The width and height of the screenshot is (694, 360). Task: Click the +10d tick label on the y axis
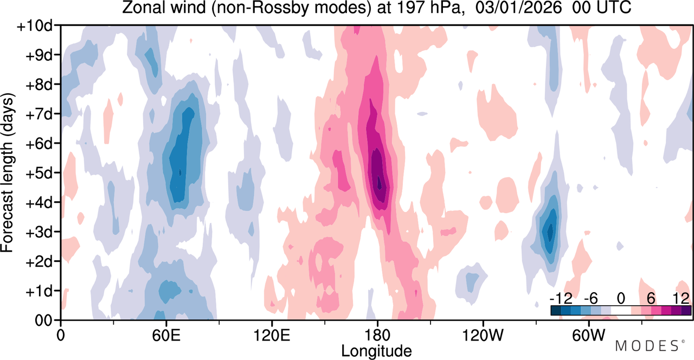click(x=34, y=26)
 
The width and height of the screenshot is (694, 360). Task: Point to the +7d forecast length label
click(x=38, y=114)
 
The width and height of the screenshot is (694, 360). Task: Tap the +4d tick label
click(x=38, y=203)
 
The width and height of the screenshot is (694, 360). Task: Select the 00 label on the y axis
click(x=43, y=321)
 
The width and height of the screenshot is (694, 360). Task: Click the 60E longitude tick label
click(x=166, y=335)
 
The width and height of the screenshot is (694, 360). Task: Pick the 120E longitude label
click(x=272, y=335)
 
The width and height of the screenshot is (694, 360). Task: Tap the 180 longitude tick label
click(x=377, y=335)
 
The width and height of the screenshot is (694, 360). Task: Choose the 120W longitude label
click(x=483, y=335)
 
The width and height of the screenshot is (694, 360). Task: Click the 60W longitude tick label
click(x=588, y=335)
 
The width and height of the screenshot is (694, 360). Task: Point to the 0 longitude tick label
click(x=61, y=335)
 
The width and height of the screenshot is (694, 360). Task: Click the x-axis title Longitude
click(x=376, y=351)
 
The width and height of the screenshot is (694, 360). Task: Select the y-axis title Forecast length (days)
click(x=8, y=172)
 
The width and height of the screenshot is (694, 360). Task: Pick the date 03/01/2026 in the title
click(x=518, y=8)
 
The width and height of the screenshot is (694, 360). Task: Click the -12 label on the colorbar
click(x=561, y=299)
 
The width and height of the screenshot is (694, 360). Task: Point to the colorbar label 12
click(x=681, y=299)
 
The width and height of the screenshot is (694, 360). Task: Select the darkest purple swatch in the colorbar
click(x=686, y=311)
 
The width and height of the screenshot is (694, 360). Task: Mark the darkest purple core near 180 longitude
click(x=379, y=183)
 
